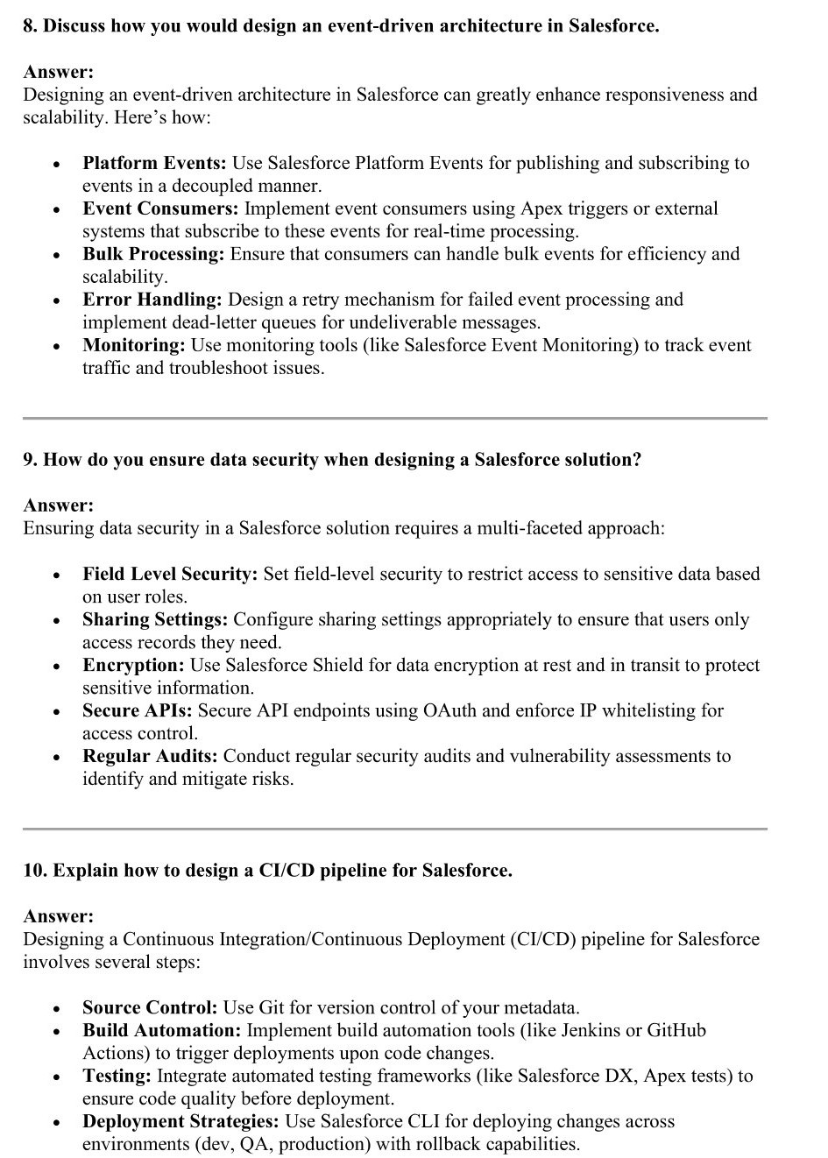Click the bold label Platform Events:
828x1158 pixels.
[x=154, y=163]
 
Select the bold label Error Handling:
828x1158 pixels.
[x=152, y=300]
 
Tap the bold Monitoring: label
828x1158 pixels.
[x=134, y=345]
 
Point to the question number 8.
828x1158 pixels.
[x=30, y=26]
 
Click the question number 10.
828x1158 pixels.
[x=34, y=871]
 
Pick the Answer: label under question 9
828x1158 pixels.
[x=58, y=505]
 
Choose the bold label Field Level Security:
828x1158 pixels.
[x=170, y=574]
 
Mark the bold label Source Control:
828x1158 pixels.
[x=150, y=1007]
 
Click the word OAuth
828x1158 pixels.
[x=449, y=710]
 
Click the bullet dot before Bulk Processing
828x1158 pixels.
[x=57, y=256]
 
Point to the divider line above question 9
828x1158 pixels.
[x=394, y=418]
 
